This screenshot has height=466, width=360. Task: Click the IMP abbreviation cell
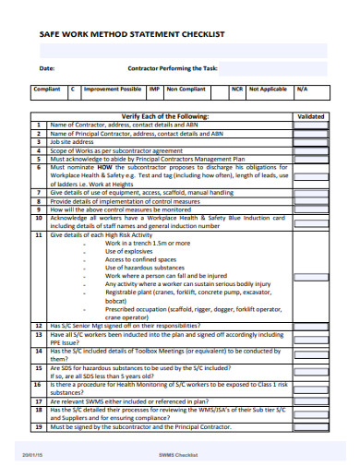[155, 90]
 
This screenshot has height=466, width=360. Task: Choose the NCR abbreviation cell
[237, 90]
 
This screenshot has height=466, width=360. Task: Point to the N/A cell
[302, 90]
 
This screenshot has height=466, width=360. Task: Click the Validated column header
[311, 116]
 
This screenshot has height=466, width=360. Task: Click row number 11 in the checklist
[38, 235]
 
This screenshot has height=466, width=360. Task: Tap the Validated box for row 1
[311, 125]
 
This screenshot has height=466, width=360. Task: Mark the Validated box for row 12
[311, 326]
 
